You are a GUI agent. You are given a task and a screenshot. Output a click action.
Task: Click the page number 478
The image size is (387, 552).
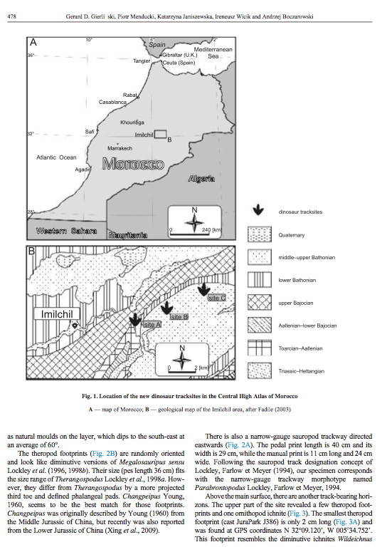coord(11,16)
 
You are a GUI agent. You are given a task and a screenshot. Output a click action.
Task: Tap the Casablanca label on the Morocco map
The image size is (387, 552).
coord(112,102)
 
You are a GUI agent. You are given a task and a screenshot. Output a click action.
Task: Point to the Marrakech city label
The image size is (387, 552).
coord(120,148)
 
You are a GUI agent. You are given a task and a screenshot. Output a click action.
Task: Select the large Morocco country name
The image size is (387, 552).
coord(133,164)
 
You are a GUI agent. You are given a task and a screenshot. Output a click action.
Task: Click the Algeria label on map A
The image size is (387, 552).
coord(201,179)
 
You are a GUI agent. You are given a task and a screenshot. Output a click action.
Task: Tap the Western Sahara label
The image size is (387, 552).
coord(66,231)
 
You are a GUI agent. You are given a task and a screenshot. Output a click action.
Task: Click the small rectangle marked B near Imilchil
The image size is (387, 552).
coord(161,134)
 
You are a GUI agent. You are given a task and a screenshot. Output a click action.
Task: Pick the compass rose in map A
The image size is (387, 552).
coord(194,222)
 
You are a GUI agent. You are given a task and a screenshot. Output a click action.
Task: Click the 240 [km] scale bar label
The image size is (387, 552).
coord(211,230)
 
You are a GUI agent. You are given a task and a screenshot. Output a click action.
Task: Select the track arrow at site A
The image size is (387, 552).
coord(135,319)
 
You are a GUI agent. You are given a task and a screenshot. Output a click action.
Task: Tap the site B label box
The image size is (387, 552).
coord(179,317)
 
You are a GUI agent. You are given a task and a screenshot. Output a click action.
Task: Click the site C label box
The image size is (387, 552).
coord(216,298)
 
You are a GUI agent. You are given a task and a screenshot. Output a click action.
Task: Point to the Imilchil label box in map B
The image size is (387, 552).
coord(57,314)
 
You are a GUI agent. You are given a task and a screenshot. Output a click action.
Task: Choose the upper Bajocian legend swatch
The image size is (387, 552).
coord(260,303)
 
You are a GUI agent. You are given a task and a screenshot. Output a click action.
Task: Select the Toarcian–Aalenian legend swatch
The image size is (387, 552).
coord(260,348)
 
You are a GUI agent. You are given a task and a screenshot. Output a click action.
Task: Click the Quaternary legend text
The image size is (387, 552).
coord(292,235)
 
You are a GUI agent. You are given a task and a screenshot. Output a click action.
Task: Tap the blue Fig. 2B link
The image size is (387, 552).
coord(104,454)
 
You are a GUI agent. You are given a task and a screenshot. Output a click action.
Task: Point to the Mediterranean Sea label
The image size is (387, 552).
coord(213,53)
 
